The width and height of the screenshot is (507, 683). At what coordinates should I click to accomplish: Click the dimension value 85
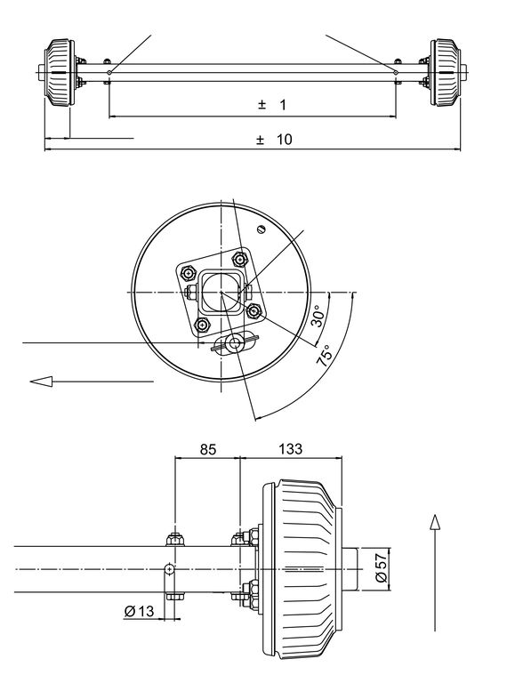[x=208, y=449]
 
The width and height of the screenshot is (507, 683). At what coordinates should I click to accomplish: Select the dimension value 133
[x=290, y=448]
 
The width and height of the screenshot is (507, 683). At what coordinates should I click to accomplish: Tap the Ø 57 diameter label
[x=381, y=567]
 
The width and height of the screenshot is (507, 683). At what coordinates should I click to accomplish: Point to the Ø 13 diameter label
[x=139, y=611]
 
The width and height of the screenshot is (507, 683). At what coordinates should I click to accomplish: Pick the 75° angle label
[x=325, y=355]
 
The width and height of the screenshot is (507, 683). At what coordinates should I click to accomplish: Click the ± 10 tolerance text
[x=275, y=140]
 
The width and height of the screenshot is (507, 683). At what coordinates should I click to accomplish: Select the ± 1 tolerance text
[x=272, y=105]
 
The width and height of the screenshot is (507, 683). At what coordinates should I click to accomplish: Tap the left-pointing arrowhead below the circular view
[x=41, y=382]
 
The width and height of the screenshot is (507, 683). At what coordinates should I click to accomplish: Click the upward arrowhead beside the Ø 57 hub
[x=435, y=522]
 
